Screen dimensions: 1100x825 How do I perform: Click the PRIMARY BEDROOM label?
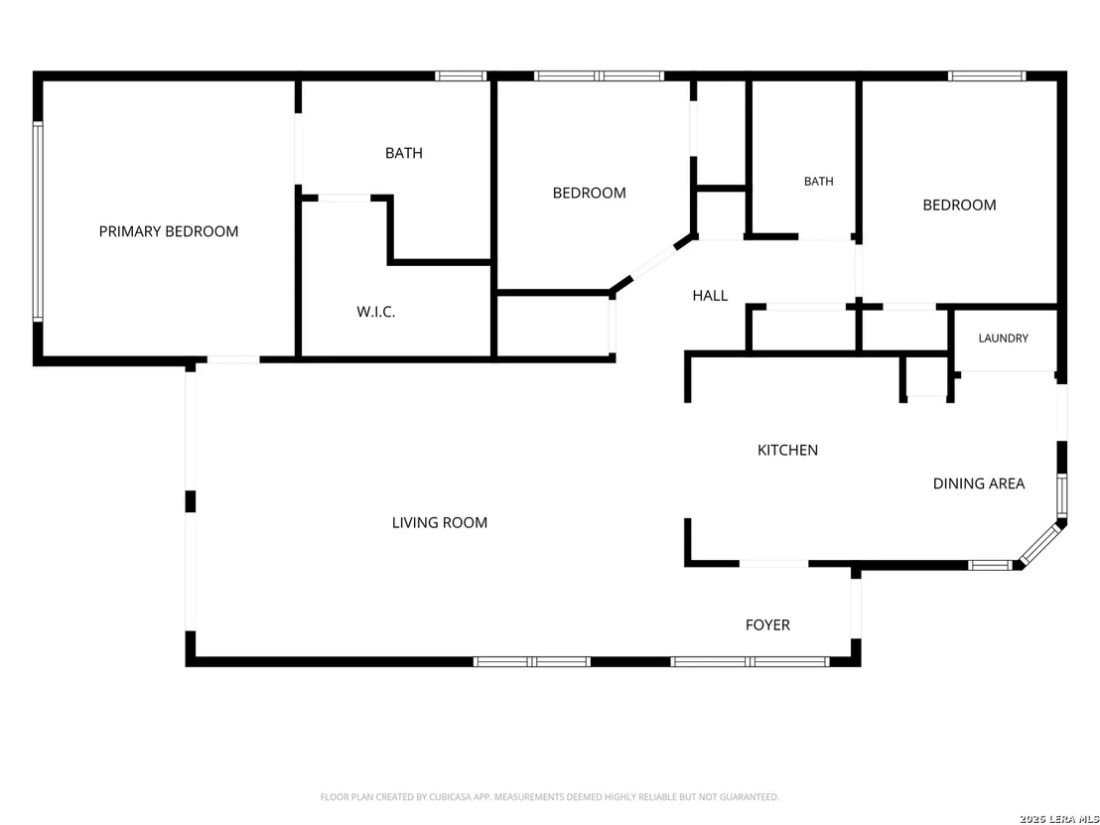(169, 231)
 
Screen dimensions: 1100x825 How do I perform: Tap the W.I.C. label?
(376, 312)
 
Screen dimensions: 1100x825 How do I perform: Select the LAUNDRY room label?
(1003, 339)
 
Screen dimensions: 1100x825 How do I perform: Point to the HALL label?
(710, 295)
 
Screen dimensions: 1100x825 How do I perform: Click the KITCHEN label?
(788, 450)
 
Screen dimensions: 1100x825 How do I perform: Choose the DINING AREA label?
(979, 483)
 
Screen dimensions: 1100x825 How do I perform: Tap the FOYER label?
(767, 625)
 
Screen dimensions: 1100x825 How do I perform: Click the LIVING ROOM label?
(440, 522)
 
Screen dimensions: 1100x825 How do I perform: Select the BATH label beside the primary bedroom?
(404, 153)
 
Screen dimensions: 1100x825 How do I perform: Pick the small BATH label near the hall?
(819, 181)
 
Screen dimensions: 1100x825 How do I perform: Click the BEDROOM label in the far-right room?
(959, 205)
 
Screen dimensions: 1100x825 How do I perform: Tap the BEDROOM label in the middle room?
(590, 193)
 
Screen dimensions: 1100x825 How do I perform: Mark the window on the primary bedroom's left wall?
(38, 221)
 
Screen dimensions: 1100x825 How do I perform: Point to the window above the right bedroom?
(987, 75)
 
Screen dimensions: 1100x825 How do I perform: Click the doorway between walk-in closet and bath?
(344, 199)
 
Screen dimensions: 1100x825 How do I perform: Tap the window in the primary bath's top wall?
(461, 75)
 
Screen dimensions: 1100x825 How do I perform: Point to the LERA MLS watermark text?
(1073, 819)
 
